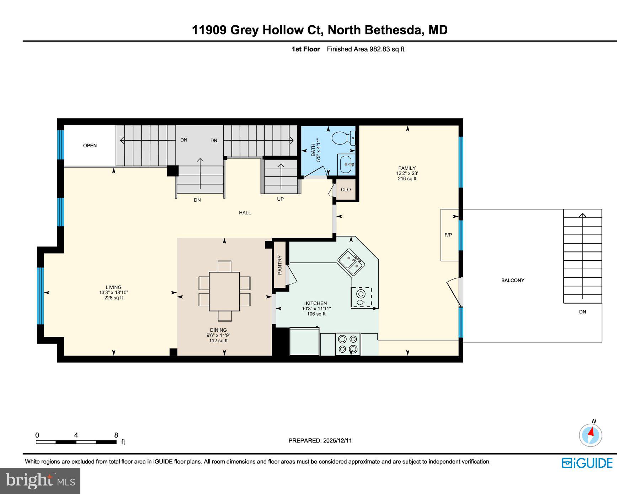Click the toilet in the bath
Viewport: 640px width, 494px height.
click(343, 138)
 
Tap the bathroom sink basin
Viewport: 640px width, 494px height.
click(346, 164)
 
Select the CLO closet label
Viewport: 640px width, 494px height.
click(346, 190)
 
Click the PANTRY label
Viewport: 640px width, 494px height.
click(280, 265)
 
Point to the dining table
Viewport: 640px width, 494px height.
click(224, 291)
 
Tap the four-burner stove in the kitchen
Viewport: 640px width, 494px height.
click(348, 344)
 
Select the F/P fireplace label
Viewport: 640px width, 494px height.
click(448, 235)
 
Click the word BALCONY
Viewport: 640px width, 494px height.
click(513, 280)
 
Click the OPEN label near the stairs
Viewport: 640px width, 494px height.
click(90, 145)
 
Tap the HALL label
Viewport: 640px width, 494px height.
click(245, 212)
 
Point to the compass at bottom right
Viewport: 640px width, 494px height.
click(591, 435)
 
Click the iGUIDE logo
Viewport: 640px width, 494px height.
click(587, 463)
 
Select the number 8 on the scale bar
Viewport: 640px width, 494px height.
click(116, 435)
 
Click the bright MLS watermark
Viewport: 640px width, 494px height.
click(40, 481)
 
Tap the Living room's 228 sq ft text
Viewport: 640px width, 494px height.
click(113, 298)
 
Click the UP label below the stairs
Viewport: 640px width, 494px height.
click(281, 199)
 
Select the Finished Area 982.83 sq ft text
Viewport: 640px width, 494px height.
click(366, 49)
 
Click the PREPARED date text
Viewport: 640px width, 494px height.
click(320, 440)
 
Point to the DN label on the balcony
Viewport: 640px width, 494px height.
click(582, 312)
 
